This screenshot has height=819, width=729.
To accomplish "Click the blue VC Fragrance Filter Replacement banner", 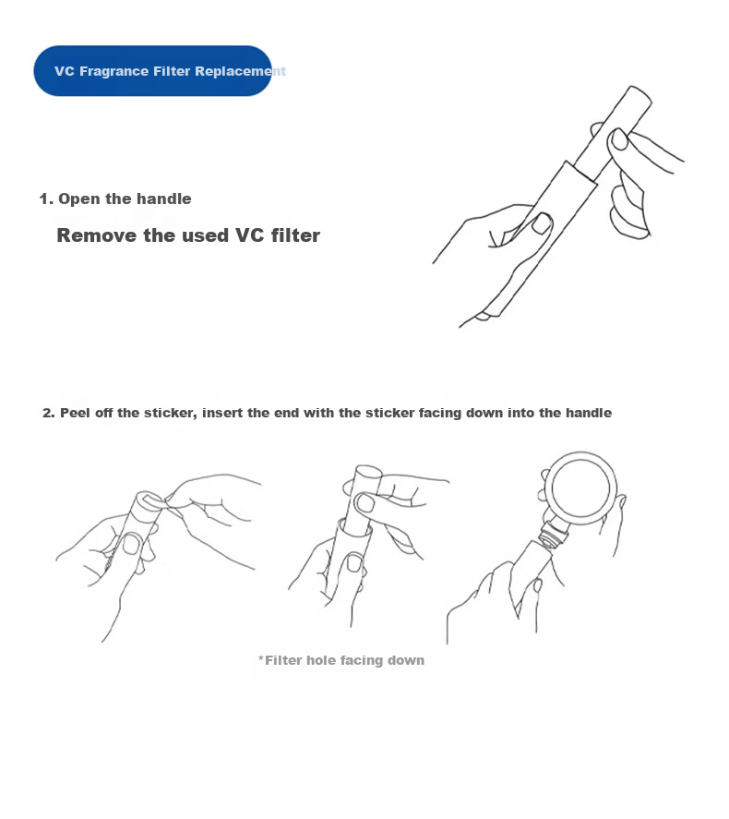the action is (x=152, y=70).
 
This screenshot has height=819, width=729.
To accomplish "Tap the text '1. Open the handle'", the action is (x=115, y=199).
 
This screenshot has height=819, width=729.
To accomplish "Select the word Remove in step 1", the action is (x=97, y=235).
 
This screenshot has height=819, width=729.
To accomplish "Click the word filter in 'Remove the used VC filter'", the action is (x=295, y=235).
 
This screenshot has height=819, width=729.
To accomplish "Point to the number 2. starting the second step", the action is (x=49, y=413).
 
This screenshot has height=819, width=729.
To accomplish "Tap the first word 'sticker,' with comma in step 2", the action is (x=171, y=413).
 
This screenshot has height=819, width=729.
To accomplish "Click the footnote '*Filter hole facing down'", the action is (x=341, y=660).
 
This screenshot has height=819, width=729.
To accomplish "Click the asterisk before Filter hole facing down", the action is (x=261, y=658).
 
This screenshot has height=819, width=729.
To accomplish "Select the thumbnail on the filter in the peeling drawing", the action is (x=132, y=544).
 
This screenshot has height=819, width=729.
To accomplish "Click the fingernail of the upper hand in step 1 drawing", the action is (x=619, y=139).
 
